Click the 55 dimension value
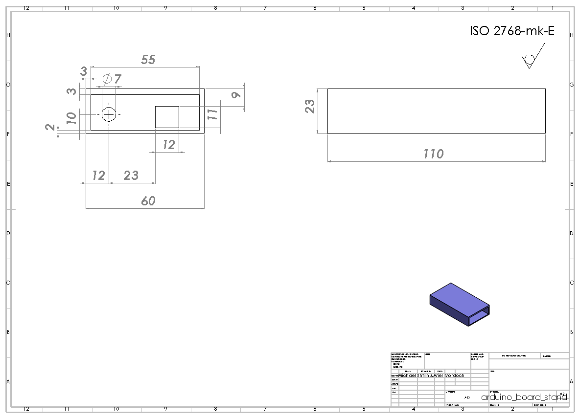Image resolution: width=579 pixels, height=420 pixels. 148,60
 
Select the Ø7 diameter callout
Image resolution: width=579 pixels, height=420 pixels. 112,79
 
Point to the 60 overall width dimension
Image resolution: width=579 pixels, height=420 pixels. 148,201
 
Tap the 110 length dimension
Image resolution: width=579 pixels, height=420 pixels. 433,154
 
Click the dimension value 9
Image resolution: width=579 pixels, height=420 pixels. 236,94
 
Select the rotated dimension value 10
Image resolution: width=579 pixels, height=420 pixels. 71,118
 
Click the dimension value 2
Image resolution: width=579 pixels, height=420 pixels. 50,127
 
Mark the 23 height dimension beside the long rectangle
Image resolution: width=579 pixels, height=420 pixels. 310,107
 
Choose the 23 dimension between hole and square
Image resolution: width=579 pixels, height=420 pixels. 131,176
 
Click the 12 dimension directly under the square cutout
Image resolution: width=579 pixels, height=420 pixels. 168,145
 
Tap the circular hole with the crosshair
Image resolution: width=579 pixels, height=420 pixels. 109,114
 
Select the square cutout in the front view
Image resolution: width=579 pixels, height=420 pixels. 167,117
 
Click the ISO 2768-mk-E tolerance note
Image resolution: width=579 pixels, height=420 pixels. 512,31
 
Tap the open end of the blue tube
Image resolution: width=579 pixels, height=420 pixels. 479,316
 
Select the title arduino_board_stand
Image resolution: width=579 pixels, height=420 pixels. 524,397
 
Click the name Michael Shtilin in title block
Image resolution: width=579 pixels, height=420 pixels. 415,376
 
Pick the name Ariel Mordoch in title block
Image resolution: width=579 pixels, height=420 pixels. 449,376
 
